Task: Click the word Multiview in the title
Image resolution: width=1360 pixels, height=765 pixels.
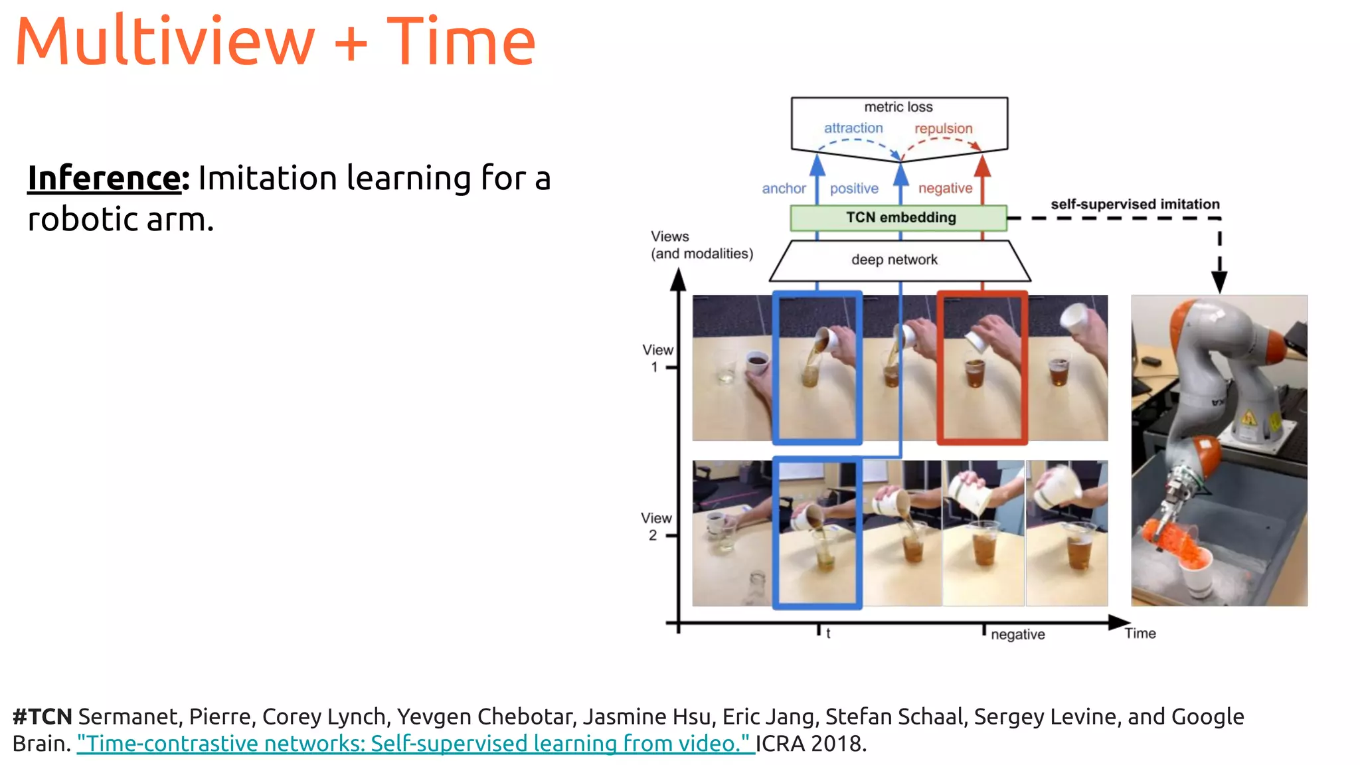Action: [x=165, y=42]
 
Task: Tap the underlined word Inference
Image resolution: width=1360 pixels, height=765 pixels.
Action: [x=104, y=178]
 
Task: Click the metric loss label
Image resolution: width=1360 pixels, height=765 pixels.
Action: [x=898, y=107]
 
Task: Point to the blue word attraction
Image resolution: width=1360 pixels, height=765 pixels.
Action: [x=853, y=128]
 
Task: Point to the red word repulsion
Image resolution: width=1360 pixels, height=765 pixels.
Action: [x=943, y=129]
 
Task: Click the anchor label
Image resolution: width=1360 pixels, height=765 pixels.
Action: [x=784, y=189]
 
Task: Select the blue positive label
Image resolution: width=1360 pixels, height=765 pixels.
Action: [x=854, y=189]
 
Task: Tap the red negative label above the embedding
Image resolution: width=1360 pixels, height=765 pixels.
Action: [x=945, y=189]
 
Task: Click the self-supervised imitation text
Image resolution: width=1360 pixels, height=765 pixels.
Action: [x=1134, y=205]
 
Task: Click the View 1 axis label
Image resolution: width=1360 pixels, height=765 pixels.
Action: [x=657, y=358]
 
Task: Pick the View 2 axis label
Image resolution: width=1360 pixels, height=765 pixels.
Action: [x=655, y=526]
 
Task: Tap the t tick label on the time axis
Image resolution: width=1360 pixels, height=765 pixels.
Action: [x=828, y=634]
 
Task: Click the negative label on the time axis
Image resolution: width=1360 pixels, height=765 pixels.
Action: [x=1017, y=635]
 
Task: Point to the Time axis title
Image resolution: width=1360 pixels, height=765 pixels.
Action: [x=1140, y=634]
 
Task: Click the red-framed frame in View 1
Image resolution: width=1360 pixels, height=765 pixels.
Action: [x=982, y=367]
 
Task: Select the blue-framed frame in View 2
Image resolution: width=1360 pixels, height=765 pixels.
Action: [x=817, y=533]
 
